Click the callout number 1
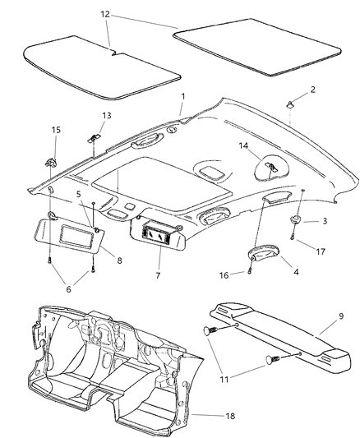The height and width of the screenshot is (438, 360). (182, 97)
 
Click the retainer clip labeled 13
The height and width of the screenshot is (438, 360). (95, 134)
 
